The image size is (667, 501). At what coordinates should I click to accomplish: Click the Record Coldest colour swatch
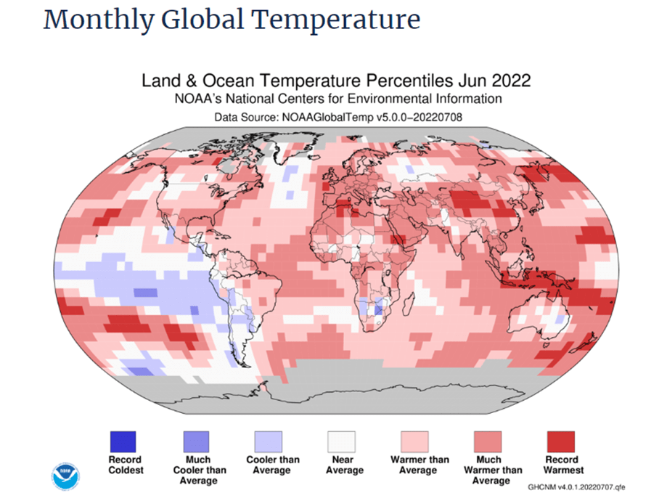point(122,441)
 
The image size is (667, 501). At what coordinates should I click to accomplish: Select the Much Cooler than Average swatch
point(195,441)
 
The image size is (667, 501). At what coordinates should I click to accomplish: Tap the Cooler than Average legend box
point(269,441)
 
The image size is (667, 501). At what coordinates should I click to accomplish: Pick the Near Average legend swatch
point(342,441)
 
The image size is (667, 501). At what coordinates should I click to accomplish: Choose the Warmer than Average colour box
point(415,441)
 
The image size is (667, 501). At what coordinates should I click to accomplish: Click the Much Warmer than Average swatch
point(488,441)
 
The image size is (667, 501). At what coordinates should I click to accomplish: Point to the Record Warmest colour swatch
point(560,441)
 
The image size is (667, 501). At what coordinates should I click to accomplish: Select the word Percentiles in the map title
point(419,80)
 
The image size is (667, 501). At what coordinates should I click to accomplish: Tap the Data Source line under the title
point(338,116)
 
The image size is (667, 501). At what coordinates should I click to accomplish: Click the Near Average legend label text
point(343,465)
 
